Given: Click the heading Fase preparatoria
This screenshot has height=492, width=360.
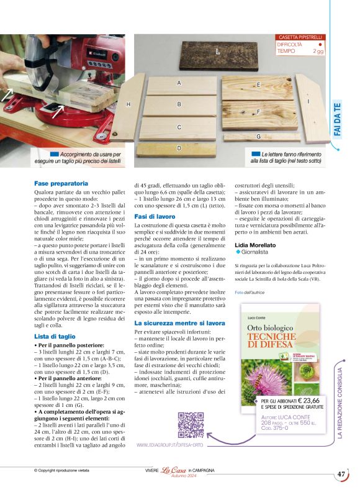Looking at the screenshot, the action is pyautogui.click(x=61, y=184).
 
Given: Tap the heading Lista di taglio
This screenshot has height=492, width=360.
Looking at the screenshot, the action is pyautogui.click(x=56, y=336).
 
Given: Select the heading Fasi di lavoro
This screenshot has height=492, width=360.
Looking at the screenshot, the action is pyautogui.click(x=155, y=216).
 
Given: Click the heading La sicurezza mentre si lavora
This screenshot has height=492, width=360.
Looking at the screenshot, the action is pyautogui.click(x=180, y=324).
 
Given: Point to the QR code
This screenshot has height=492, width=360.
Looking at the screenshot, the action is pyautogui.click(x=191, y=425).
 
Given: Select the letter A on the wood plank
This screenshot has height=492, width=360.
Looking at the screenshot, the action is pyautogui.click(x=179, y=83).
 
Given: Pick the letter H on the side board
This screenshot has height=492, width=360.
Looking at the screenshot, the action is pyautogui.click(x=128, y=104).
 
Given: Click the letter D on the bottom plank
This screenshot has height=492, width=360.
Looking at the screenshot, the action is pyautogui.click(x=179, y=148).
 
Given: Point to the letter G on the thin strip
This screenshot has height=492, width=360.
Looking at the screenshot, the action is pyautogui.click(x=258, y=136).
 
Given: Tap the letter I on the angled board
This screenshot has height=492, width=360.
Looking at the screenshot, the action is pyautogui.click(x=308, y=101).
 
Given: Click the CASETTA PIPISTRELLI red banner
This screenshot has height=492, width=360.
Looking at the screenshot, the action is pyautogui.click(x=300, y=38).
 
